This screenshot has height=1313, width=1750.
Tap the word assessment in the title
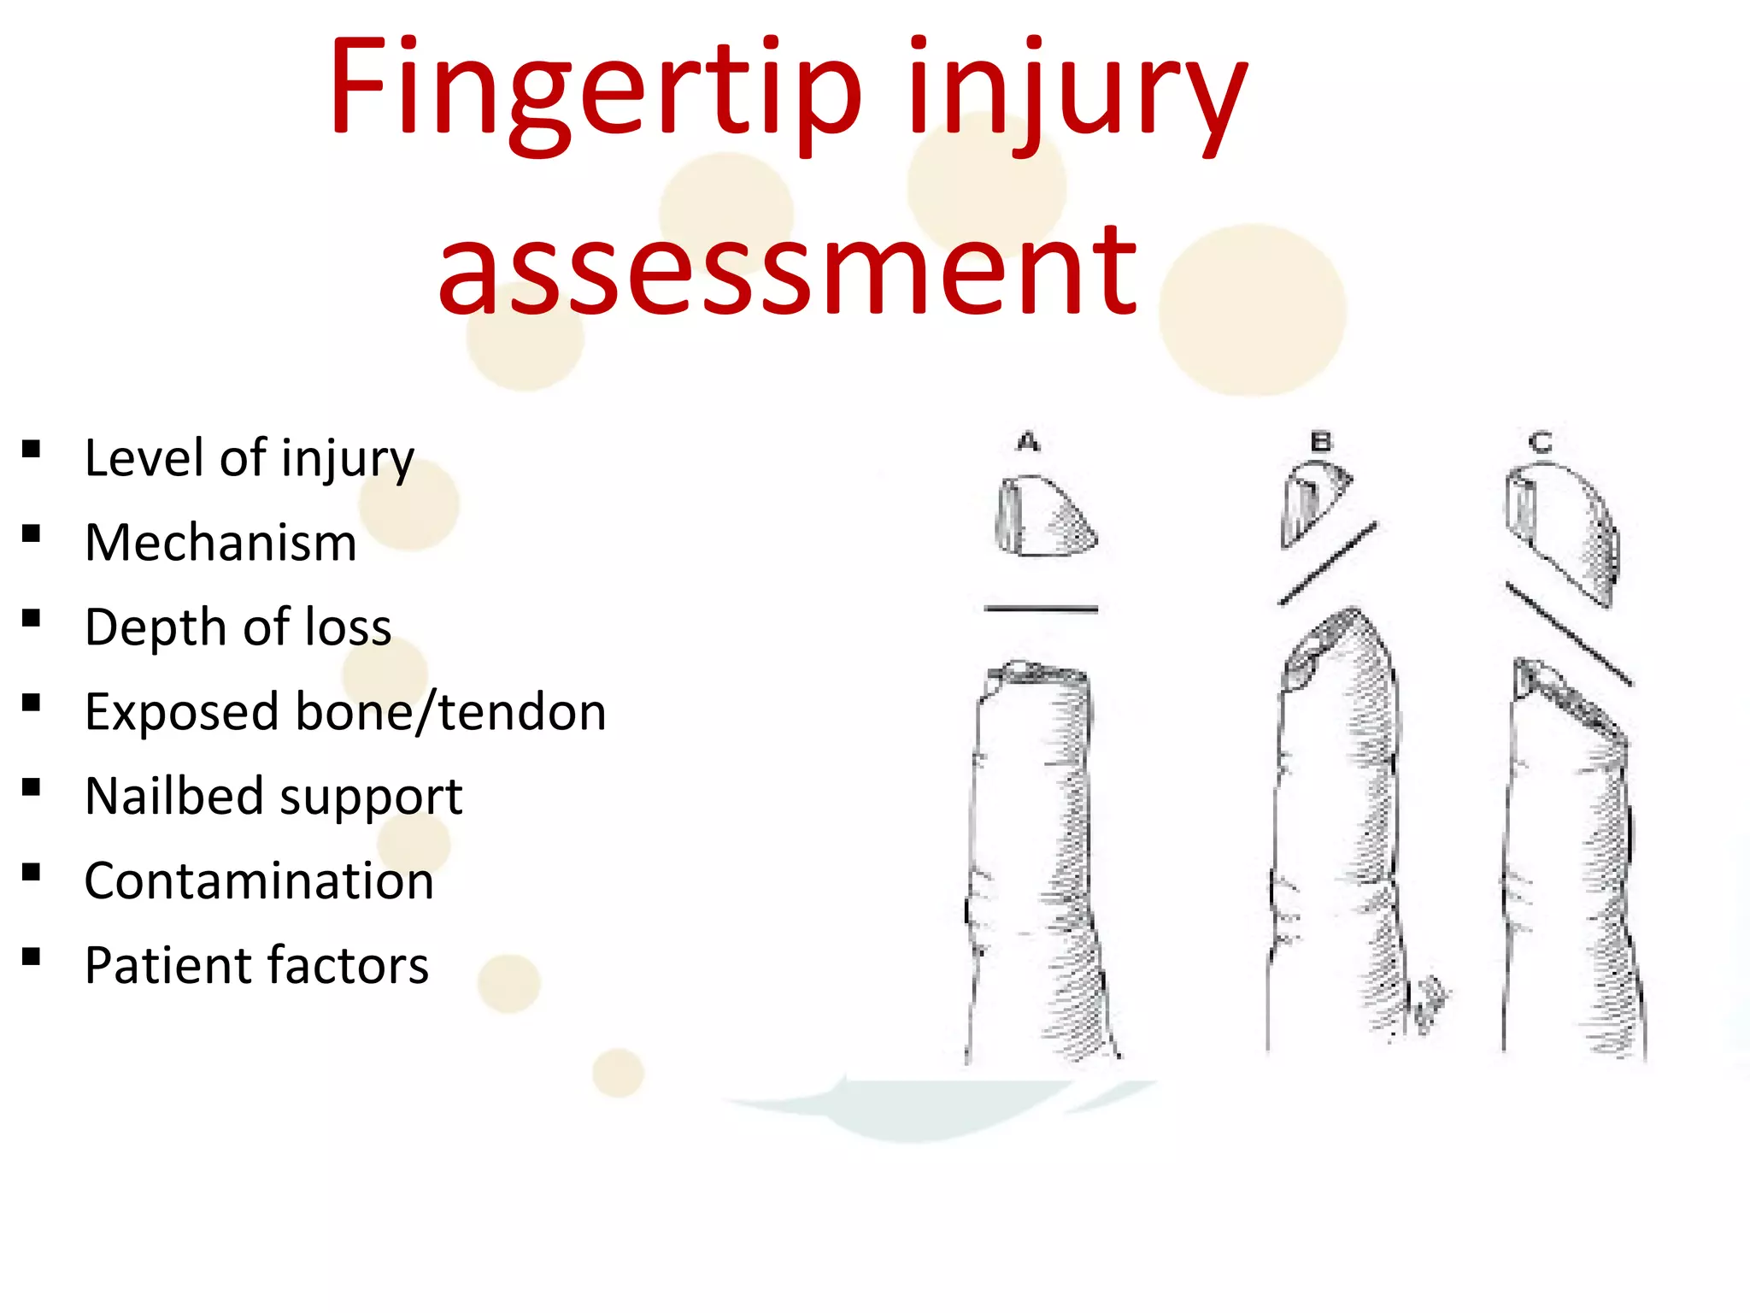click(x=787, y=269)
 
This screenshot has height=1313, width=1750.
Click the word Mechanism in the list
click(x=220, y=543)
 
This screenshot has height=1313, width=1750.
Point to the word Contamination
click(x=259, y=881)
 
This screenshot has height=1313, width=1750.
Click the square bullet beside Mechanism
click(x=32, y=535)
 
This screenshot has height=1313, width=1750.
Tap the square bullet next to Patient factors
click(x=32, y=957)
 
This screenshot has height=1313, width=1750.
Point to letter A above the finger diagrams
click(x=1028, y=442)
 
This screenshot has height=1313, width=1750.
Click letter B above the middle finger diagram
click(x=1321, y=442)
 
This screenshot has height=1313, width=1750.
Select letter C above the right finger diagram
click(x=1541, y=442)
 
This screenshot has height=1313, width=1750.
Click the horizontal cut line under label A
click(x=1041, y=609)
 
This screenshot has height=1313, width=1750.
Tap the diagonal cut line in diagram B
click(x=1327, y=564)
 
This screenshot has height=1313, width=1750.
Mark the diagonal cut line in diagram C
click(x=1568, y=633)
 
